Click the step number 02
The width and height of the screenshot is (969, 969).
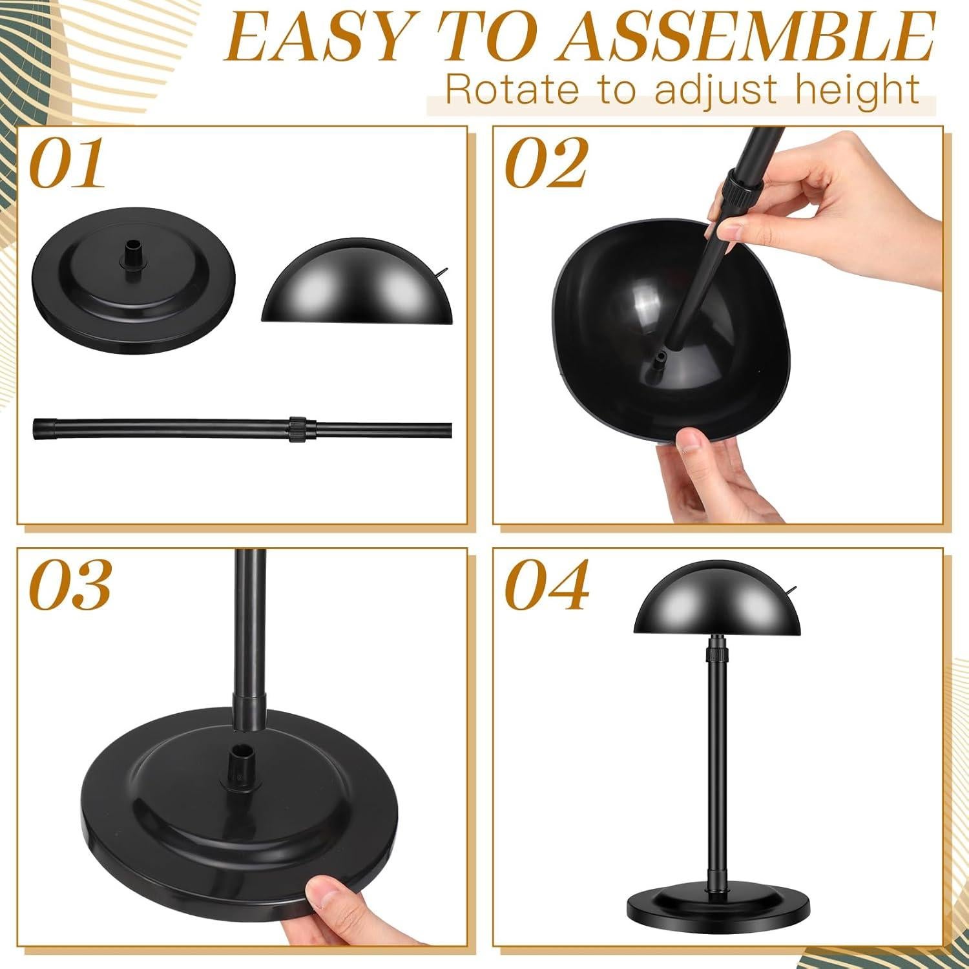pyautogui.click(x=546, y=164)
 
